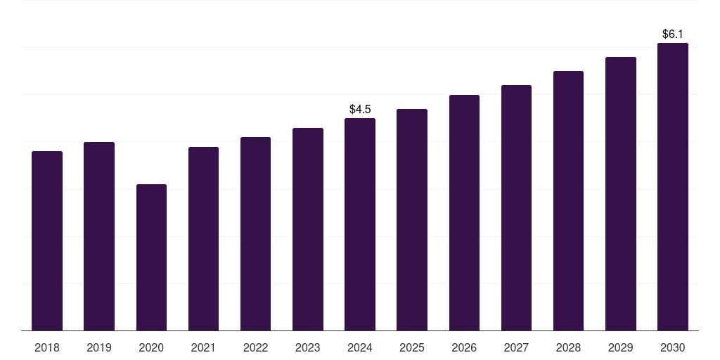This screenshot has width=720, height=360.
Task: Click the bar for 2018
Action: point(47,240)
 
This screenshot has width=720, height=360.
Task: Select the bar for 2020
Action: point(151,257)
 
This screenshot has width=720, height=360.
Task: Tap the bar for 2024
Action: point(360,224)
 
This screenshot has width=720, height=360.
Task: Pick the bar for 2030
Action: point(673,186)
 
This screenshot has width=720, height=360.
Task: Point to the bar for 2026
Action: point(464,212)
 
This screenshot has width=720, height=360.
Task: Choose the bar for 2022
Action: point(255,233)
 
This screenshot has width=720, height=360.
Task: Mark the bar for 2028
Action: point(568,200)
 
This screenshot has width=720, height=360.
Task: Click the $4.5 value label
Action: point(360,109)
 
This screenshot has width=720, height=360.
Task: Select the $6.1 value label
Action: point(673,34)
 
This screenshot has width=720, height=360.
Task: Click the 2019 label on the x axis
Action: point(99,347)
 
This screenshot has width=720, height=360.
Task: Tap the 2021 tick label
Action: point(203,347)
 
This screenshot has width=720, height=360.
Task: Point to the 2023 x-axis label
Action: point(308,347)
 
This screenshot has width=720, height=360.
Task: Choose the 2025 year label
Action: point(412,347)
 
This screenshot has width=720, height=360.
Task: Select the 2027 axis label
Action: point(516,347)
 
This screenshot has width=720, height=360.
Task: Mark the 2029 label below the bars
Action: point(621,347)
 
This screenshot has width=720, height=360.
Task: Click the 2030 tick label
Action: point(673,347)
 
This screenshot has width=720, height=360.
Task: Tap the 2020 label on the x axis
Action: point(151,347)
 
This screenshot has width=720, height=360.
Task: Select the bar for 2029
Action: point(621,193)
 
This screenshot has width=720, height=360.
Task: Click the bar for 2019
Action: point(99,236)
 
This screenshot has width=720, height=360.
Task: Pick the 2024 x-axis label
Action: point(360,347)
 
